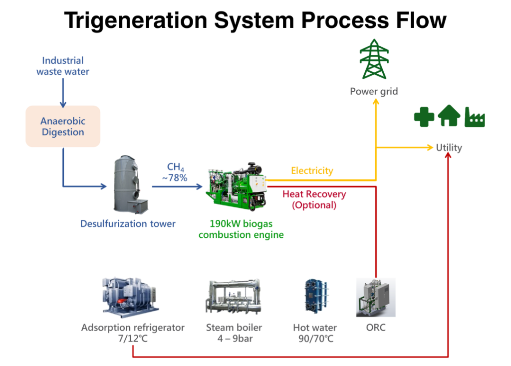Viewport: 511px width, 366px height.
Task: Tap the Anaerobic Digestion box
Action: pyautogui.click(x=63, y=126)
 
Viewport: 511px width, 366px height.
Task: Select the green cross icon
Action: pyautogui.click(x=424, y=117)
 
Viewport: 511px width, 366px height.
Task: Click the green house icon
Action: pyautogui.click(x=449, y=116)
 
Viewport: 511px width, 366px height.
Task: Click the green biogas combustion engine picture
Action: pyautogui.click(x=236, y=186)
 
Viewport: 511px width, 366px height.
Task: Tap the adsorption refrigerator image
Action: pyautogui.click(x=130, y=297)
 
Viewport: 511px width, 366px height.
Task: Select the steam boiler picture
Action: pyautogui.click(x=234, y=296)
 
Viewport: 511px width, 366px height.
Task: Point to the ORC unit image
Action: pyautogui.click(x=376, y=297)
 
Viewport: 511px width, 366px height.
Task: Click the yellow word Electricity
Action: pyautogui.click(x=312, y=171)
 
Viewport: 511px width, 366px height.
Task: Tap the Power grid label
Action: pyautogui.click(x=374, y=92)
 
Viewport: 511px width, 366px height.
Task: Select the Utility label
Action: pyautogui.click(x=449, y=148)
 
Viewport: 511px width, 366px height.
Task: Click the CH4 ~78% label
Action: pyautogui.click(x=175, y=172)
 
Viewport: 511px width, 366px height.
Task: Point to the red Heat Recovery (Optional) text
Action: pyautogui.click(x=314, y=199)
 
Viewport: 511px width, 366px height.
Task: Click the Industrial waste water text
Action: pyautogui.click(x=62, y=66)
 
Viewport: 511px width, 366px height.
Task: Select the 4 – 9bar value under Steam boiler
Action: pyautogui.click(x=235, y=339)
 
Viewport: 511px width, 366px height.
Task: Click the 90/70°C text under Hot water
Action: pyautogui.click(x=316, y=339)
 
